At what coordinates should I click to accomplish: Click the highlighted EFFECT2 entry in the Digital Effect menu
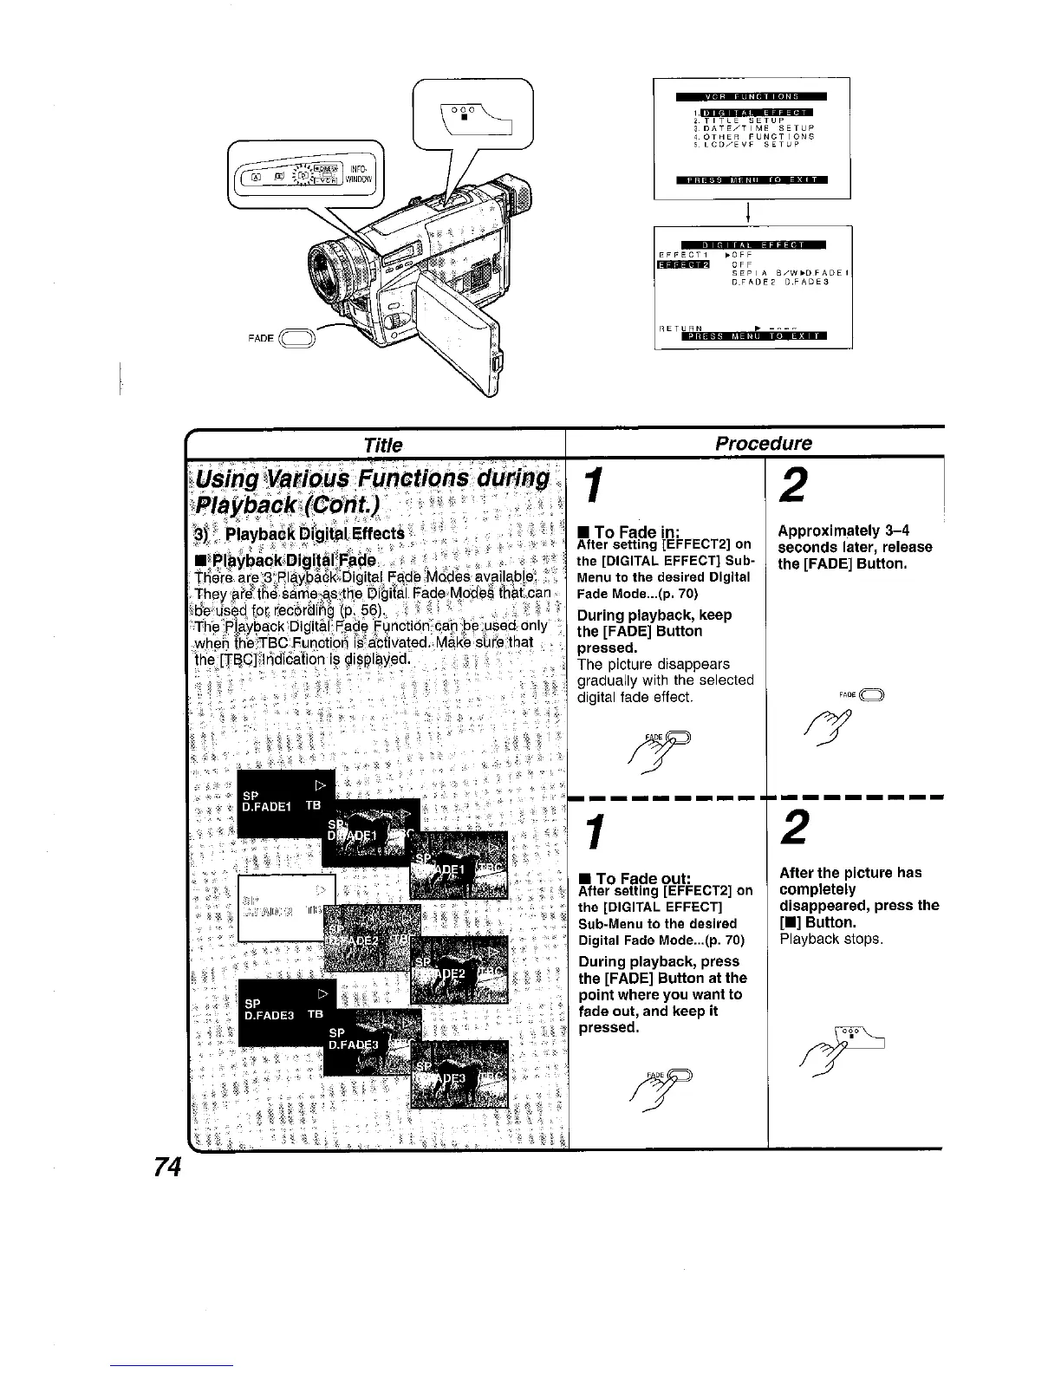684,264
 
